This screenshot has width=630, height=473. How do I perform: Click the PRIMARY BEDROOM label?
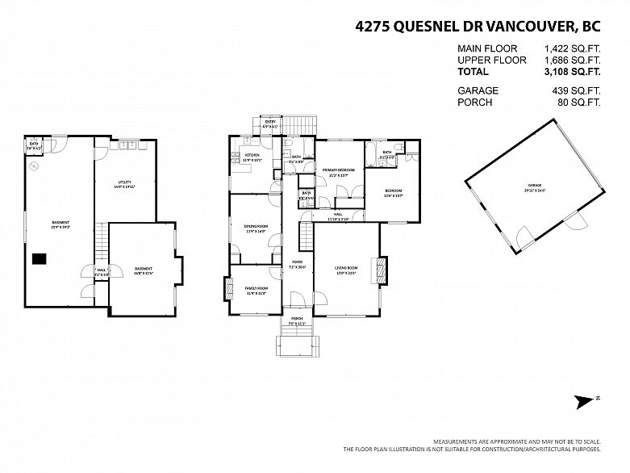[x=339, y=170]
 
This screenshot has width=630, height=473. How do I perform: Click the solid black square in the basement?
[x=39, y=259]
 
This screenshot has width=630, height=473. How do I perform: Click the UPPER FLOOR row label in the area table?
[x=491, y=60]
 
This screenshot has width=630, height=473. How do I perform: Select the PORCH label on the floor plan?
[x=297, y=320]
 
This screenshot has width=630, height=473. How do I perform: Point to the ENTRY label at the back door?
[x=270, y=121]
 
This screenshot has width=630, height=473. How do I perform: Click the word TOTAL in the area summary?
[x=474, y=71]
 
